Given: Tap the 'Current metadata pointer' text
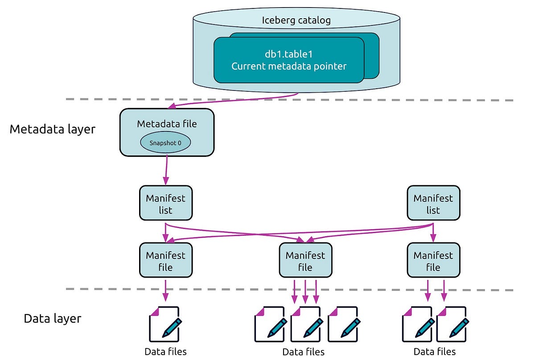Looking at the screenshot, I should tap(289, 66).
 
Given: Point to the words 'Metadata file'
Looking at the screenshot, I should tap(167, 123).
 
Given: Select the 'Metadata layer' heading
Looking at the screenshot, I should tap(52, 129).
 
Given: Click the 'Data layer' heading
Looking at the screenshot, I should tap(52, 319).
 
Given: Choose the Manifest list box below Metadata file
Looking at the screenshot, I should tap(165, 204).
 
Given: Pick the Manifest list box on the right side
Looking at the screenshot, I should tap(433, 204).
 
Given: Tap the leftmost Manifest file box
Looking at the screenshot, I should tap(165, 261).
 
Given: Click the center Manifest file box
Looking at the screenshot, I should tap(305, 261).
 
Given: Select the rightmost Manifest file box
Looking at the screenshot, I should tap(433, 261).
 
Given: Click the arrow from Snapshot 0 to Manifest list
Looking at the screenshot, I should tap(166, 170).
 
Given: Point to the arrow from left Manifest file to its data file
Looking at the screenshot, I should tap(165, 290).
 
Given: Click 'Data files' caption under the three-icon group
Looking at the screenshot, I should tap(303, 352).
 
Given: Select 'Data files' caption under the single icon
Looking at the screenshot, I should tap(165, 352).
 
